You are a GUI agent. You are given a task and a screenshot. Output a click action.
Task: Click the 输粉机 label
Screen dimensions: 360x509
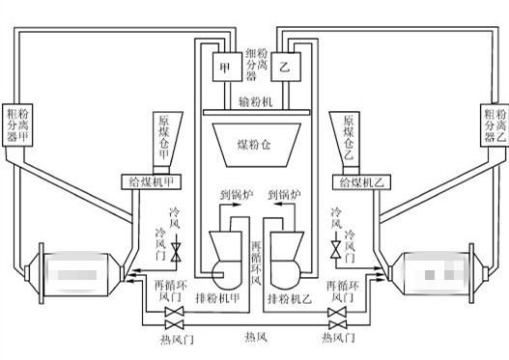pyautogui.click(x=255, y=100)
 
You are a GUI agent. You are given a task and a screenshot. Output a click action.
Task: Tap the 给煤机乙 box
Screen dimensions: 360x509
pyautogui.click(x=357, y=180)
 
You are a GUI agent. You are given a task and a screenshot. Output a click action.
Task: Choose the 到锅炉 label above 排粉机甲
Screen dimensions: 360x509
pyautogui.click(x=227, y=195)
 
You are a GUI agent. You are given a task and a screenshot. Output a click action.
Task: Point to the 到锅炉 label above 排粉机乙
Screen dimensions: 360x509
pyautogui.click(x=285, y=195)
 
